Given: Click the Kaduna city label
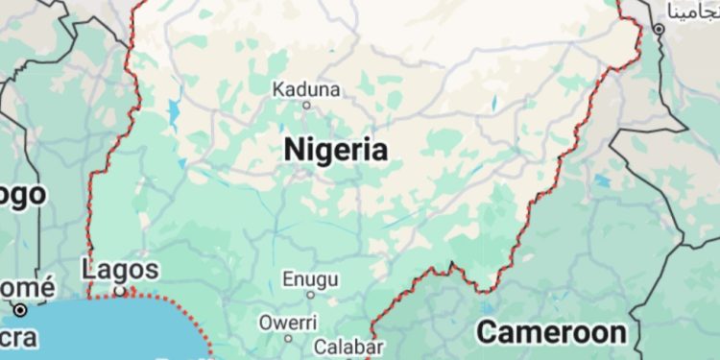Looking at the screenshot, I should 306,89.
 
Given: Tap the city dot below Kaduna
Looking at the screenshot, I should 307,105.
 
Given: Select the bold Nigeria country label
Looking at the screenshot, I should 336,150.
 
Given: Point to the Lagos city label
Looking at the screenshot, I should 120,270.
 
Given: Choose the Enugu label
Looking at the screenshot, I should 310,279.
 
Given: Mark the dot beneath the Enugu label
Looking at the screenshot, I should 309,296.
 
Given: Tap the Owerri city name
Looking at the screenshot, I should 287,322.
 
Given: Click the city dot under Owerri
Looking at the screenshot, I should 288,338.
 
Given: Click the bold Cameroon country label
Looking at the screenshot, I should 552,333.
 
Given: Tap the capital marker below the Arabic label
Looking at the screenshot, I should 659,30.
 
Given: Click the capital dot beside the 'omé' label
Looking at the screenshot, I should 20,309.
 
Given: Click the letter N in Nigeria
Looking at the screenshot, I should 294,150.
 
